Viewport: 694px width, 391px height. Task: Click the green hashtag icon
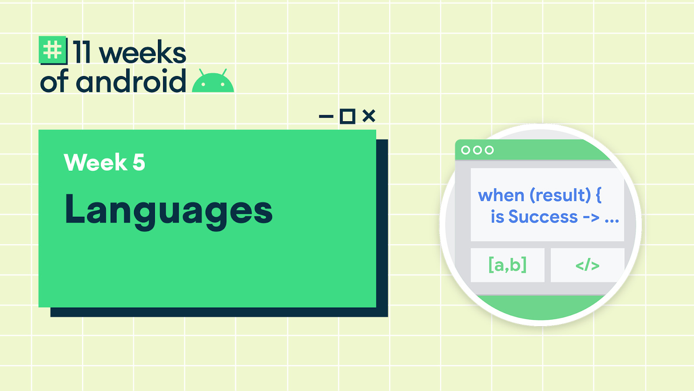(x=52, y=50)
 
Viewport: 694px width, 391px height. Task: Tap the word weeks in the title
(x=143, y=52)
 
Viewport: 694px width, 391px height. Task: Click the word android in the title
(x=131, y=81)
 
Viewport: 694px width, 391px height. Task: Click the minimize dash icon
(x=326, y=117)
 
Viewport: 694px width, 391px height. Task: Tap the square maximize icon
(x=347, y=116)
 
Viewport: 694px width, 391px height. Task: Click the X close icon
(x=369, y=116)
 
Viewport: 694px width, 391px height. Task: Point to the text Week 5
(x=105, y=162)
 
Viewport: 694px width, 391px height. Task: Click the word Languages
(x=169, y=211)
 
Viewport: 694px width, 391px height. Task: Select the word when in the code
(x=501, y=195)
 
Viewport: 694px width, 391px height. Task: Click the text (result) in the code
(x=560, y=195)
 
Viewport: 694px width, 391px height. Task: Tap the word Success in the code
(x=543, y=216)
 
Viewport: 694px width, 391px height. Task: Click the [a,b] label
(x=507, y=265)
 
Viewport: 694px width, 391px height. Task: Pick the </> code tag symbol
(x=587, y=265)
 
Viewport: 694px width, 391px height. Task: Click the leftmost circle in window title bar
(x=465, y=150)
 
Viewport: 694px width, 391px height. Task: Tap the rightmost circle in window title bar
(x=489, y=150)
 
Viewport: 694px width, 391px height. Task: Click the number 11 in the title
(x=82, y=52)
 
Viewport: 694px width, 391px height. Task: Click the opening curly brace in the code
(x=598, y=195)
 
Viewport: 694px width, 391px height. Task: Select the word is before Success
(x=497, y=216)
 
